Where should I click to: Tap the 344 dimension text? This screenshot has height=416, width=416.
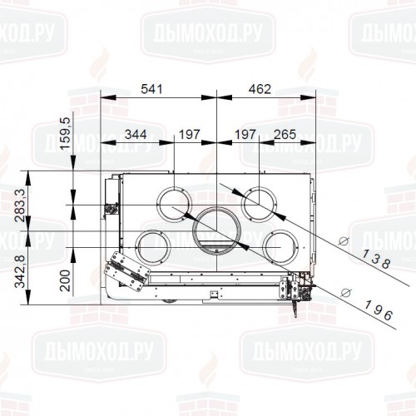[x=136, y=134]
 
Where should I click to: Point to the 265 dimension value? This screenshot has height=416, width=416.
[x=285, y=134]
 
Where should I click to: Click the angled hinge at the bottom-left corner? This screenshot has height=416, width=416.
[x=125, y=272]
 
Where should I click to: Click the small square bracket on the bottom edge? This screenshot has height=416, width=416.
[x=215, y=293]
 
